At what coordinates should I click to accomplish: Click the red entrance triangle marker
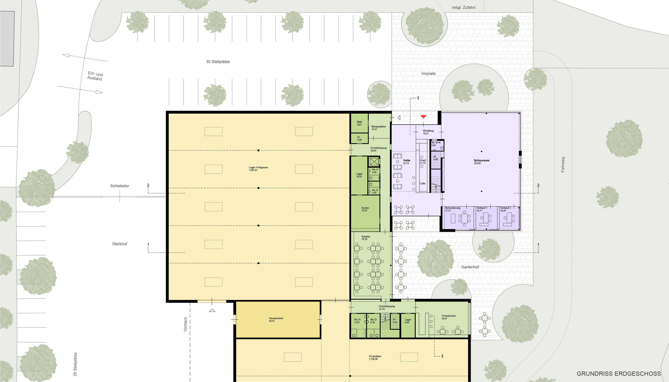[423, 117]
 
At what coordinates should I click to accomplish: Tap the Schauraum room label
[481, 160]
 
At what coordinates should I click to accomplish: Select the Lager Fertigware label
[258, 167]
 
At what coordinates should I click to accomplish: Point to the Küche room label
[365, 208]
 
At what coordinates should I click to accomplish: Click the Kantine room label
[366, 236]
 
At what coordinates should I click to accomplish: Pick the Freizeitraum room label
[448, 316]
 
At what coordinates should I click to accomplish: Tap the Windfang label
[428, 131]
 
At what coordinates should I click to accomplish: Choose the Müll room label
[359, 122]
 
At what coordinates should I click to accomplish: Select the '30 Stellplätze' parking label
[218, 62]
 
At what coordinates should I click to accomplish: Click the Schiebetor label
[120, 186]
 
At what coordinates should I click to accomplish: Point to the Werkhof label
[120, 244]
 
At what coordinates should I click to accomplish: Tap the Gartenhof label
[470, 267]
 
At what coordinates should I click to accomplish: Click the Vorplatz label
[428, 74]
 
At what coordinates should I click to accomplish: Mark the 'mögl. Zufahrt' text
[464, 7]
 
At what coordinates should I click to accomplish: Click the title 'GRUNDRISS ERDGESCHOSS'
[619, 374]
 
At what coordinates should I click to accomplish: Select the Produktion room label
[375, 356]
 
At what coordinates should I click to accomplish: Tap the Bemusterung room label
[453, 208]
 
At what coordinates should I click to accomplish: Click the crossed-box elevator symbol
[374, 161]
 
